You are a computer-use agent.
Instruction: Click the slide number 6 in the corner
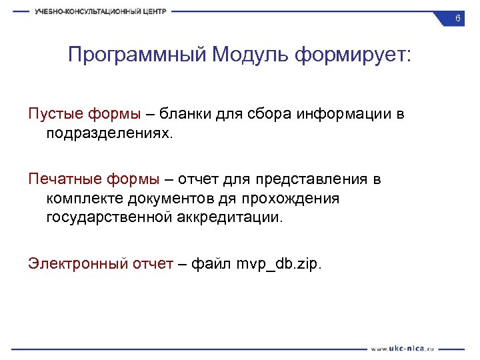point(457,19)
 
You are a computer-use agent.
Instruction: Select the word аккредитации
point(231,217)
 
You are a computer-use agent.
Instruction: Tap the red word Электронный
point(77,264)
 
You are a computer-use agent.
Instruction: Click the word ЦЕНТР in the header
point(151,11)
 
